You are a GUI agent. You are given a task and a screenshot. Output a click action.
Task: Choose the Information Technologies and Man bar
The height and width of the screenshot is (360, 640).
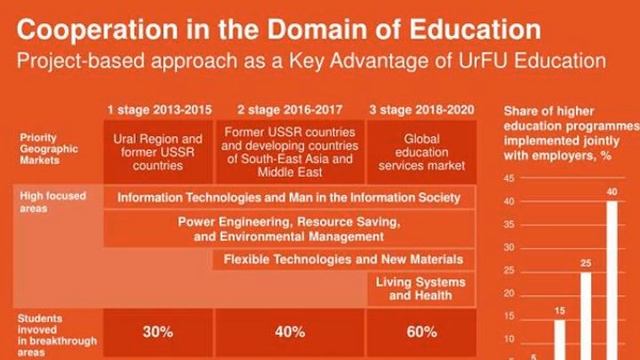[289, 197]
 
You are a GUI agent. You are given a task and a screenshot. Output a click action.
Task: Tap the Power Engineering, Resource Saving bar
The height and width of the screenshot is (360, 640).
[289, 228]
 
